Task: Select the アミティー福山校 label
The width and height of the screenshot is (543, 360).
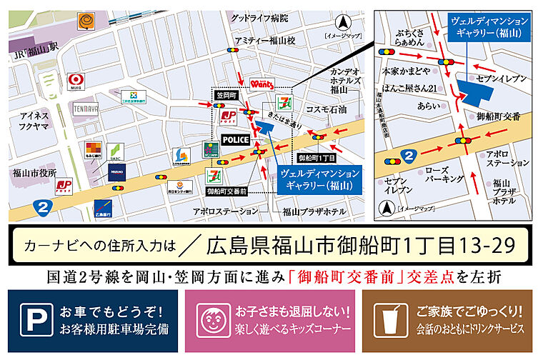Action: coord(264,41)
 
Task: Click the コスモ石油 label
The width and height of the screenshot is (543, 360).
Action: coord(326,109)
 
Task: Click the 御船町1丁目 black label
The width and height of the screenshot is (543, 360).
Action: coord(316,157)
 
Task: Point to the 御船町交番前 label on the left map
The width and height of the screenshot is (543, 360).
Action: coord(226,191)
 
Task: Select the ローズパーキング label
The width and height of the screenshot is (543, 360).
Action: coord(444,176)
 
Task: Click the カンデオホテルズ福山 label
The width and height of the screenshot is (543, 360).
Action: coord(348,81)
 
